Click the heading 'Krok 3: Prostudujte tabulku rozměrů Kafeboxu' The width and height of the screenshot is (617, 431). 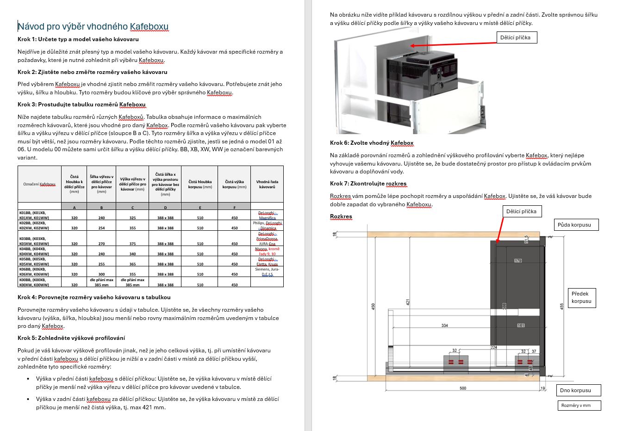click(x=81, y=105)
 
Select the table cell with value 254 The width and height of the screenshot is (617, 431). click(x=101, y=228)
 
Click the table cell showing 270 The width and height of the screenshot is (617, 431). click(x=101, y=244)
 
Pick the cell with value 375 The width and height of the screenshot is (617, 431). click(x=132, y=244)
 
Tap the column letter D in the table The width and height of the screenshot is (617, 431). click(x=165, y=207)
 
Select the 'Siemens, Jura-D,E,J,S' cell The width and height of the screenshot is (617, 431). click(x=267, y=271)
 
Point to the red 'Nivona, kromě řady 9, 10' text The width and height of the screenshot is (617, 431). click(x=267, y=251)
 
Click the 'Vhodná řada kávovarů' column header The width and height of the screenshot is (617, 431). click(x=267, y=184)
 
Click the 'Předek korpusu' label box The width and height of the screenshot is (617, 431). click(x=581, y=297)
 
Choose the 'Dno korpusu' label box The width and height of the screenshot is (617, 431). click(x=578, y=390)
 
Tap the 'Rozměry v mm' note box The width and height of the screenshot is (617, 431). click(x=579, y=406)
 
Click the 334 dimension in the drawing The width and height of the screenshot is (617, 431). click(x=444, y=326)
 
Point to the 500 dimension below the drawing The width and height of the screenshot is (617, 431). click(x=463, y=388)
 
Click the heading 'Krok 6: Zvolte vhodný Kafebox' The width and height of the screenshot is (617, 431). click(x=371, y=143)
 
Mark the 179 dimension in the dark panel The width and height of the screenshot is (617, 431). click(x=517, y=261)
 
